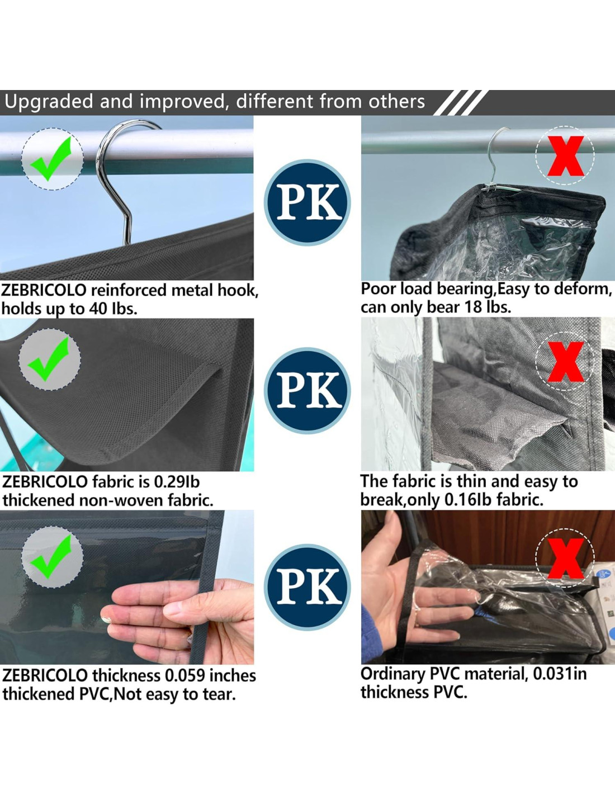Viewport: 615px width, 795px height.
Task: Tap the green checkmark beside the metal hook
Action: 50,159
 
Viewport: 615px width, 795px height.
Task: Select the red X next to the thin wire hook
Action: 565,156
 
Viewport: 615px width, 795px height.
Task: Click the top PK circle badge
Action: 307,203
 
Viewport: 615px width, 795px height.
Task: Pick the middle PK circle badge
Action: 307,391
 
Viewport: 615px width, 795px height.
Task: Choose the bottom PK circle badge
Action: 307,587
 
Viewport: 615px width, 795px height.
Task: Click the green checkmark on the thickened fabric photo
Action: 48,359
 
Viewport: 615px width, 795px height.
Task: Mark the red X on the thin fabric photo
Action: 565,362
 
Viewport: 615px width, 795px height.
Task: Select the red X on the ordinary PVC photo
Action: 565,559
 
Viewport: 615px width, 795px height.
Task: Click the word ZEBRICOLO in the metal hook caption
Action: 44,291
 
